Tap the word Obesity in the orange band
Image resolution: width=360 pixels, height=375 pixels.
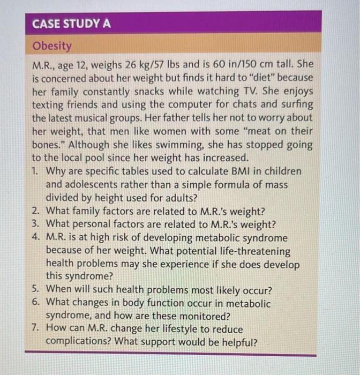(52, 46)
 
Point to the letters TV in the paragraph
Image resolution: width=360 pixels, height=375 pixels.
(249, 92)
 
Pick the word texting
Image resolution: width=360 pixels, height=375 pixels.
(49, 105)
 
